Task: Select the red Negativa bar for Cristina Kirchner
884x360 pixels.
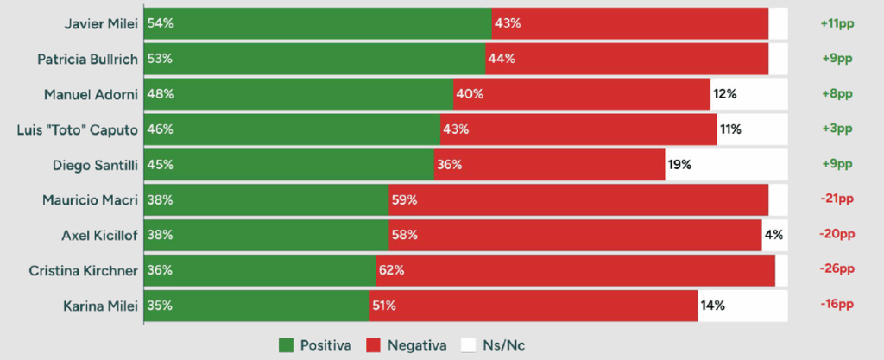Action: pyautogui.click(x=575, y=270)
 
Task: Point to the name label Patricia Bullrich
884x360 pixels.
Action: pyautogui.click(x=88, y=59)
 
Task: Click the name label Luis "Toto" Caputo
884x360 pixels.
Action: pyautogui.click(x=78, y=129)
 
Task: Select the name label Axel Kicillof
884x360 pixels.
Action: pyautogui.click(x=99, y=235)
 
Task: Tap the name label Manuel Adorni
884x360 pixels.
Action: pyautogui.click(x=92, y=94)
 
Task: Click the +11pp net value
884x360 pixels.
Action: pyautogui.click(x=836, y=23)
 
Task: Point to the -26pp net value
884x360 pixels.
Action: pyautogui.click(x=837, y=270)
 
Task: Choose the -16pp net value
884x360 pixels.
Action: pyautogui.click(x=837, y=305)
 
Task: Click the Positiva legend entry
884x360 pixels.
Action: pyautogui.click(x=315, y=345)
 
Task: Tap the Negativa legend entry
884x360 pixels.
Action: pyautogui.click(x=407, y=345)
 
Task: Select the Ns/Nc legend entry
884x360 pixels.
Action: pyautogui.click(x=493, y=345)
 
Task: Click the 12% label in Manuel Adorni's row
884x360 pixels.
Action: pyautogui.click(x=725, y=94)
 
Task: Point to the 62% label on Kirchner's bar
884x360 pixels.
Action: pyautogui.click(x=391, y=270)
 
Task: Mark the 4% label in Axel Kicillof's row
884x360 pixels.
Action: pyautogui.click(x=774, y=235)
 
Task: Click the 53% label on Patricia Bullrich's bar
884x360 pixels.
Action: pyautogui.click(x=160, y=59)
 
